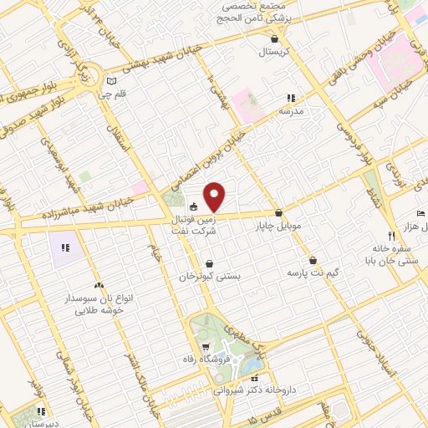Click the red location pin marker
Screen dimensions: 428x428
click(x=215, y=196)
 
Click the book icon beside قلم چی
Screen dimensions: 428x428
click(x=113, y=82)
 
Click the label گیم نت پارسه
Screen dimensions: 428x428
click(x=310, y=273)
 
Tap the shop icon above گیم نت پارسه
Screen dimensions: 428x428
click(x=313, y=260)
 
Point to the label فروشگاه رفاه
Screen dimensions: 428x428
click(x=205, y=359)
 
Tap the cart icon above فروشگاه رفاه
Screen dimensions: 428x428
click(x=205, y=346)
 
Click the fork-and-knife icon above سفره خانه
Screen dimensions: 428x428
click(x=391, y=236)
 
